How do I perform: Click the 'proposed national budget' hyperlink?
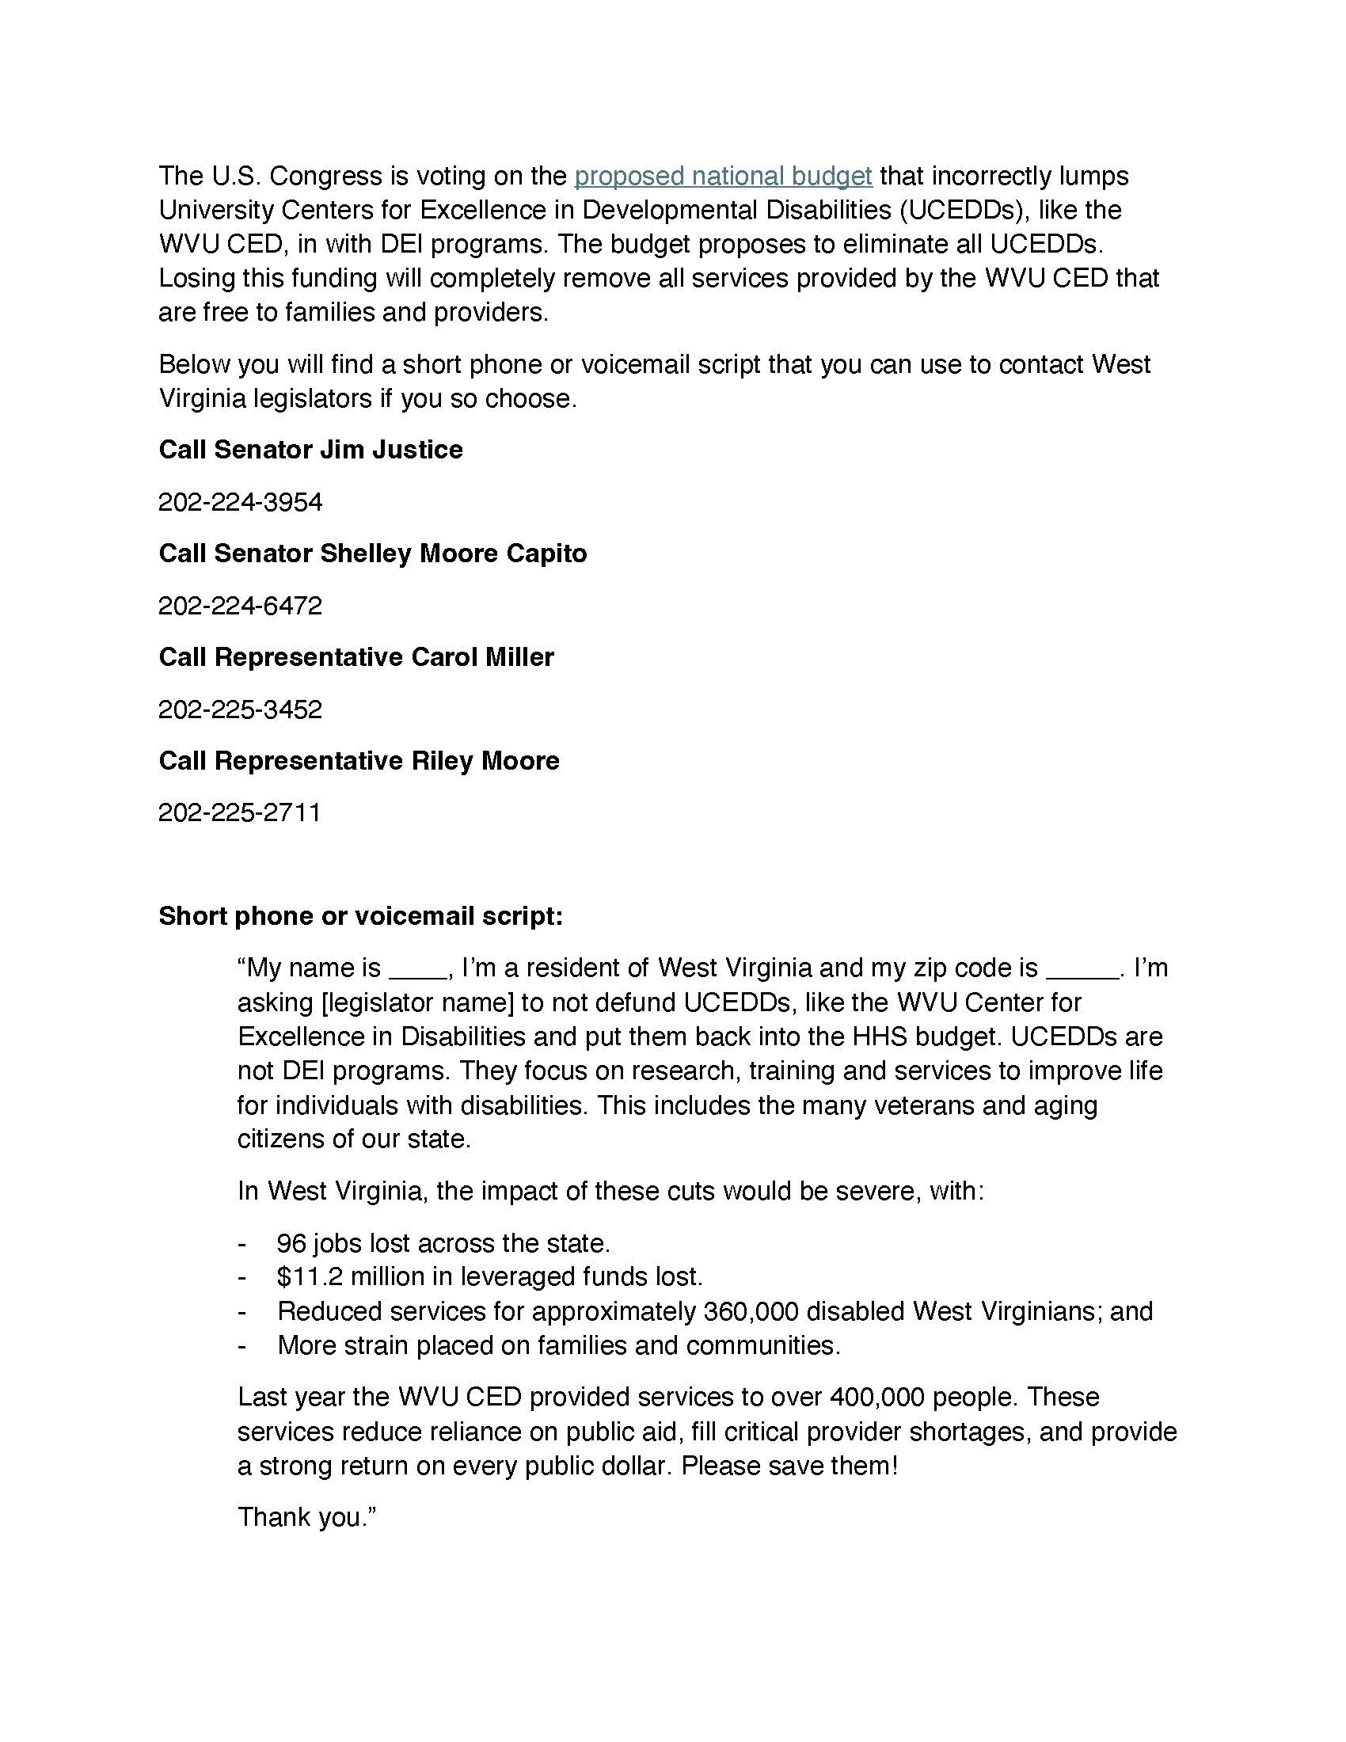(x=722, y=176)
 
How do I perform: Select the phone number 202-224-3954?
(x=240, y=502)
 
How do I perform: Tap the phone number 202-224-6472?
(x=240, y=606)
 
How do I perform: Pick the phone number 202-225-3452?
(x=240, y=709)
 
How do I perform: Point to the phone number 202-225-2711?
(x=239, y=812)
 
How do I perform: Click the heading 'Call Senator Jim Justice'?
(x=310, y=450)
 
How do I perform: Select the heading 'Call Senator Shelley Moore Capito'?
(x=372, y=553)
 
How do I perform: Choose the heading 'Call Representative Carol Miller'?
(x=356, y=657)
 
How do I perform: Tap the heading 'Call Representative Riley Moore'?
(x=359, y=761)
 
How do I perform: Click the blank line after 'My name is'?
(x=418, y=975)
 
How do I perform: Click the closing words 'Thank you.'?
(x=306, y=1516)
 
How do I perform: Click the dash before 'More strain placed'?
(x=242, y=1345)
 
